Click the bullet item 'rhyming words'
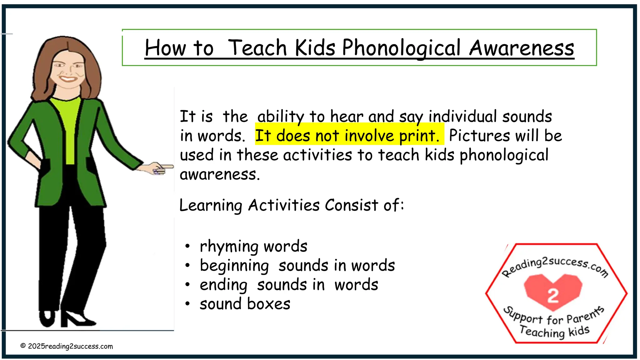click(253, 246)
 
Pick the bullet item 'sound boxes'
click(245, 304)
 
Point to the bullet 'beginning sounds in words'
click(297, 266)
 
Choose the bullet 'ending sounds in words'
click(289, 285)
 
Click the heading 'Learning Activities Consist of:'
click(292, 205)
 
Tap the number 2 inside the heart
click(553, 295)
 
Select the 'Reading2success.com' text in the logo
click(555, 266)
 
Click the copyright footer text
click(67, 346)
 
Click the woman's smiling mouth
click(68, 78)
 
